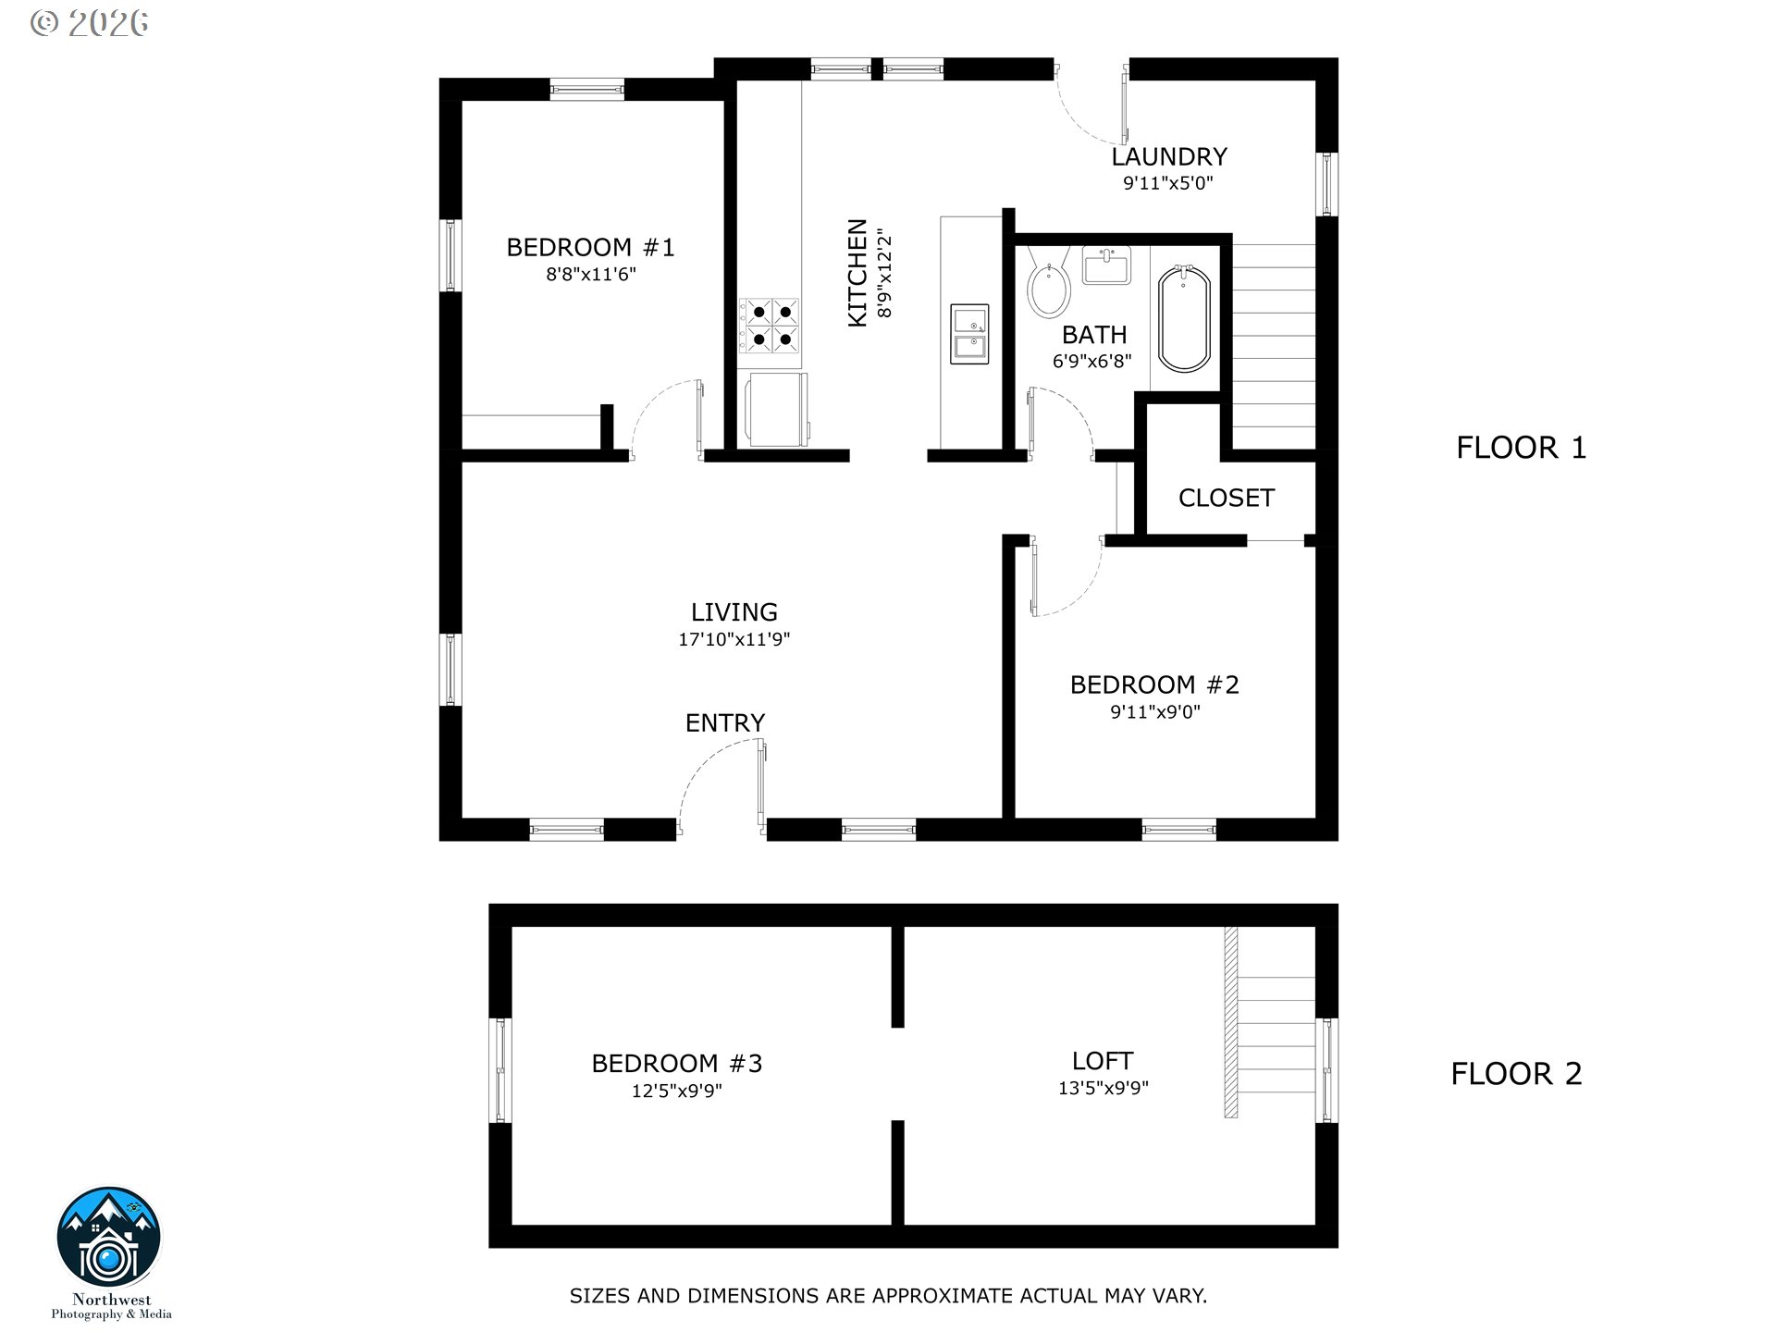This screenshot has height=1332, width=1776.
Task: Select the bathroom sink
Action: (1106, 265)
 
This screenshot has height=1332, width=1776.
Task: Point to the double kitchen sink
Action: (969, 334)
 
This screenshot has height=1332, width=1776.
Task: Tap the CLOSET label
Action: (1227, 498)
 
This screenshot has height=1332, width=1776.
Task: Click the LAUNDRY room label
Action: (1169, 156)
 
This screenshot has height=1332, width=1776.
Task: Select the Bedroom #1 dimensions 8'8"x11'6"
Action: (591, 274)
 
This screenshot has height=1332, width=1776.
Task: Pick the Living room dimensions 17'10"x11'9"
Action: (734, 639)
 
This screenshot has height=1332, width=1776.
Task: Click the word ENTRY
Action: (725, 722)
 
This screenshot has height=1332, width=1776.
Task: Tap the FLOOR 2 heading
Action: (1517, 1074)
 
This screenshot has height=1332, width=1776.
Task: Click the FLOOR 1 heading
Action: (1522, 448)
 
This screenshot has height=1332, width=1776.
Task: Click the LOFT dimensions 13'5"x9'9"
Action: (1104, 1089)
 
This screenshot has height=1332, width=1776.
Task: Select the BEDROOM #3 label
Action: (677, 1064)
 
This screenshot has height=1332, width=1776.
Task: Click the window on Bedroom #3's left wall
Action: (500, 1070)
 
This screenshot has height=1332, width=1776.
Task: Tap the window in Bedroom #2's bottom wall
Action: (1178, 830)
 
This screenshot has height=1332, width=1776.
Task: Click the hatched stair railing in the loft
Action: (1231, 1022)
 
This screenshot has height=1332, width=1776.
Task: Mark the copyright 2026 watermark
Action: (89, 23)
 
